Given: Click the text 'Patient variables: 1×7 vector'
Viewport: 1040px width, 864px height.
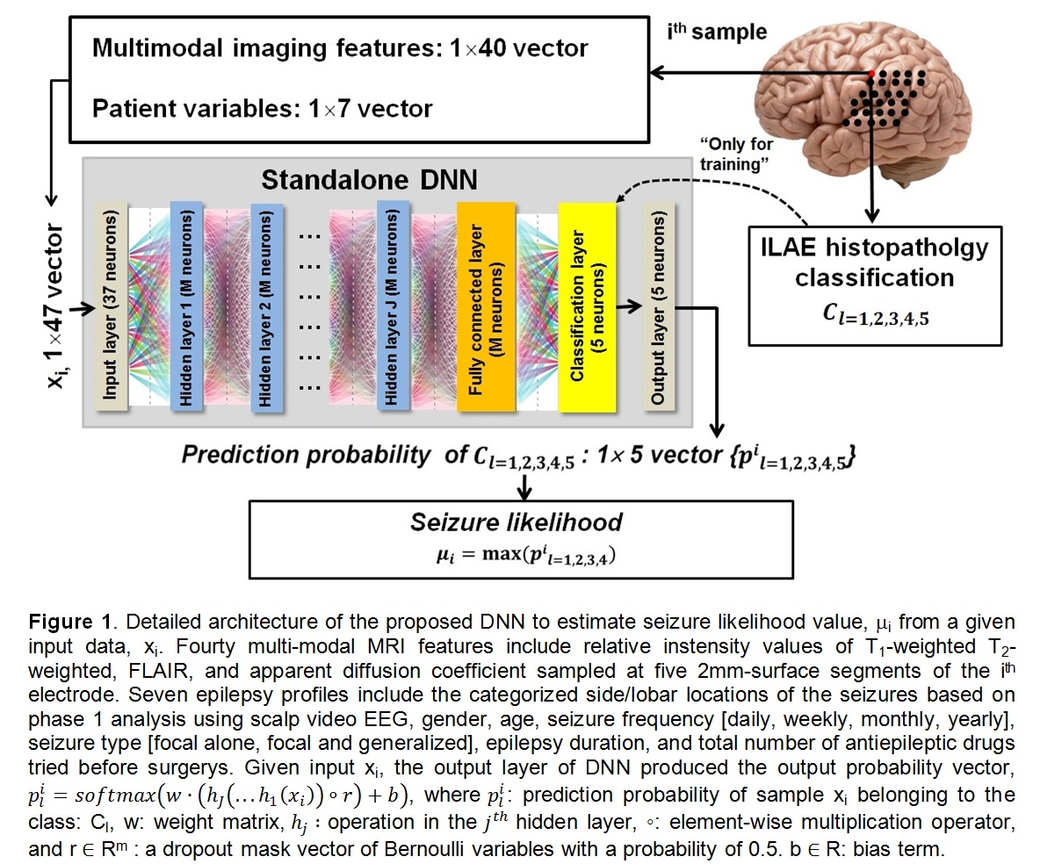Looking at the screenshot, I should click(x=263, y=109).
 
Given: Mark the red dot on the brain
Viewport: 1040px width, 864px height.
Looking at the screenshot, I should click(x=870, y=71).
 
